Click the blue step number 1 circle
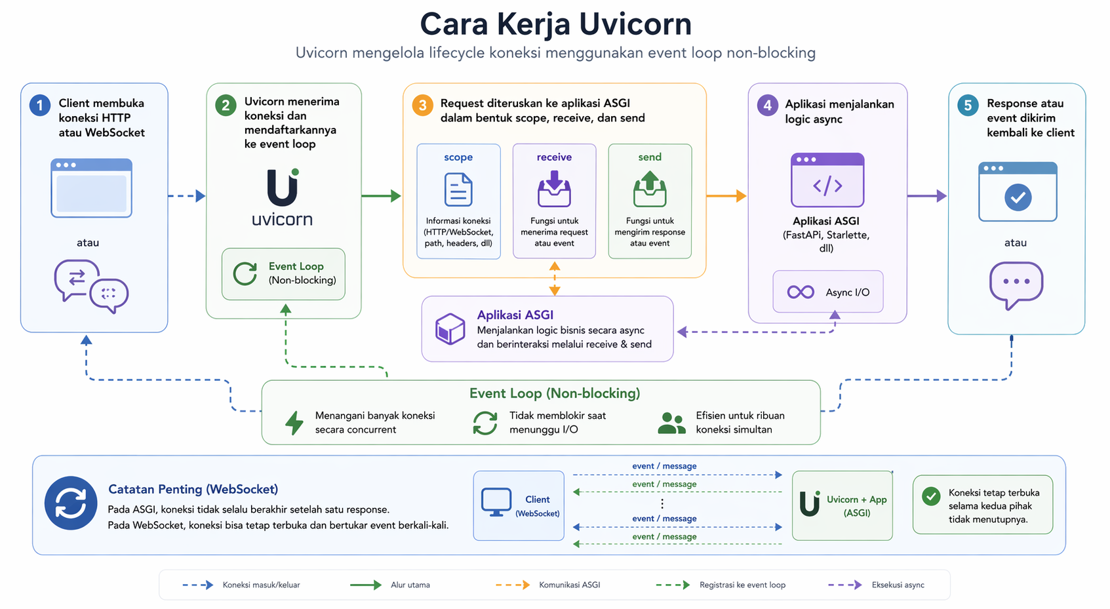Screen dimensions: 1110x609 40,105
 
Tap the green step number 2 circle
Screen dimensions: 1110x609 226,105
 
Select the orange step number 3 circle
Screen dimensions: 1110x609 423,105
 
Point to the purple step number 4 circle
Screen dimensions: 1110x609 768,105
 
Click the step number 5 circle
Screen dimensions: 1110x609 968,105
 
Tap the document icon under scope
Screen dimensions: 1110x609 458,189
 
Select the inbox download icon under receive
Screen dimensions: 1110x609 555,189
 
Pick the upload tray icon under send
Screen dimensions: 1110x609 650,189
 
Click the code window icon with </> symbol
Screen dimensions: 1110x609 827,180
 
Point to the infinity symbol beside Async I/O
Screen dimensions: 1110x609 801,292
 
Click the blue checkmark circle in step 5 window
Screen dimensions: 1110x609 1018,197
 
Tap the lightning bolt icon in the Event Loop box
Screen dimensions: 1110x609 294,423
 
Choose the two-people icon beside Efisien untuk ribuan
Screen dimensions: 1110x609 671,423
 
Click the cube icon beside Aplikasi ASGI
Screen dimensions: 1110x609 450,328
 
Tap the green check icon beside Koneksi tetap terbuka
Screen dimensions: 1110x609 931,496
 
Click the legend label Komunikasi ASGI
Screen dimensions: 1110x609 569,585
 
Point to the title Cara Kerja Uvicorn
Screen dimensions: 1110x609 555,24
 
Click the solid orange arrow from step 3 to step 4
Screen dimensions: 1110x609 726,196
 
